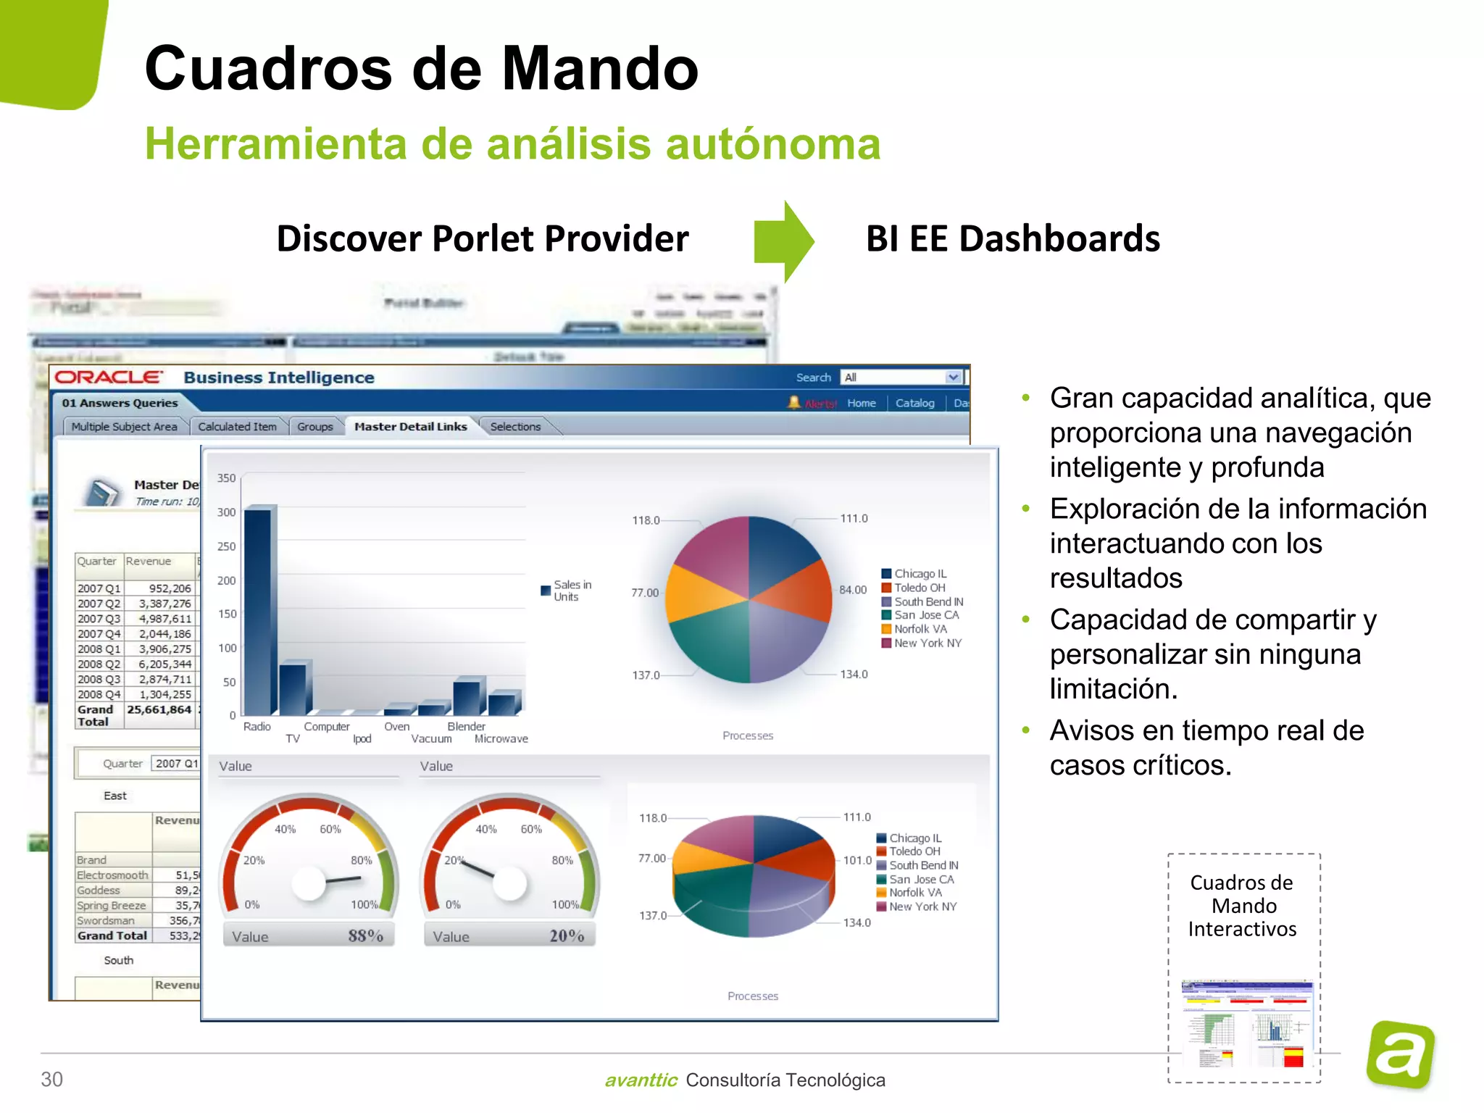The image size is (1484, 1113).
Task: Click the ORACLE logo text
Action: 109,378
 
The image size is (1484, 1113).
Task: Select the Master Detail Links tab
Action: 410,427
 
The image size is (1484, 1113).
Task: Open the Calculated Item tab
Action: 237,427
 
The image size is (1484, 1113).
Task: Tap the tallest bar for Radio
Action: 258,612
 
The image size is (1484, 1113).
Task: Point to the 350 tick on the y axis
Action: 227,478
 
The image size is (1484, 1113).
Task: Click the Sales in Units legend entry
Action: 567,591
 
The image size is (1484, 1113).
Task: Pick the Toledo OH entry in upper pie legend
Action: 919,588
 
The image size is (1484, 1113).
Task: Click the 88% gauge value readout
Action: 365,935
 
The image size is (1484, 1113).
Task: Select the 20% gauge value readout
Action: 567,935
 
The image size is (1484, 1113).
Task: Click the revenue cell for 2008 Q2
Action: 165,664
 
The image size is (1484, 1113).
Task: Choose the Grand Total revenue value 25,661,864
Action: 159,709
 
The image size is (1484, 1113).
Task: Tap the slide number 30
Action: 51,1080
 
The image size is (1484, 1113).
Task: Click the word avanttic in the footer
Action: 641,1080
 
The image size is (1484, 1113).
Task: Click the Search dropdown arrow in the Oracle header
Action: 953,378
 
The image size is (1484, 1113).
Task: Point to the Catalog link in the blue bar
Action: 914,403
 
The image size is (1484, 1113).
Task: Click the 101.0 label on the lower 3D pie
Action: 857,860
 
